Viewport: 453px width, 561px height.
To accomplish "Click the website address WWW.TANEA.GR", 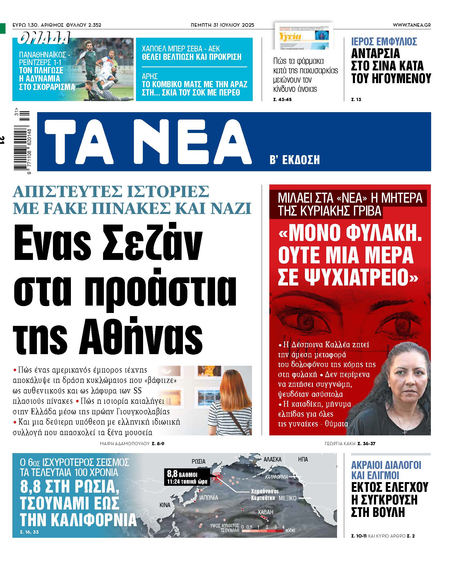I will (x=412, y=25).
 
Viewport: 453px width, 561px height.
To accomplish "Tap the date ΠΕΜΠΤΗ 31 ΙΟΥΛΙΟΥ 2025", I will (x=222, y=25).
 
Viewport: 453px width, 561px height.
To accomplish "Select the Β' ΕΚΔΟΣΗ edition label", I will (x=294, y=160).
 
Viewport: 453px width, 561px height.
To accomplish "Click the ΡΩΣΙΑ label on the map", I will (x=198, y=461).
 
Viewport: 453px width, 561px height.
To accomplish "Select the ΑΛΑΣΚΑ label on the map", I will (x=272, y=459).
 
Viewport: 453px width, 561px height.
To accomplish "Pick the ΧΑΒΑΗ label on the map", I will (x=265, y=512).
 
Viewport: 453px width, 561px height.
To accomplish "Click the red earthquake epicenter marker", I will (x=217, y=477).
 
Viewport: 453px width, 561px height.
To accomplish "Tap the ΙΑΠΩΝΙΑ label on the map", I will (x=208, y=498).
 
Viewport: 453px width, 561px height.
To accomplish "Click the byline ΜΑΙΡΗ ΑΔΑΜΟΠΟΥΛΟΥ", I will (x=125, y=444).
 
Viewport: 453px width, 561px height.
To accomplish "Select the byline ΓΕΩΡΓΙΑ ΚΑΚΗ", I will (x=340, y=444).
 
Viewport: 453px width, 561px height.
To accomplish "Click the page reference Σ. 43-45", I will (x=282, y=99).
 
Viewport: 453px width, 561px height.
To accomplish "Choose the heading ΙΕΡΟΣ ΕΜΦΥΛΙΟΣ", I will (x=384, y=42).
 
